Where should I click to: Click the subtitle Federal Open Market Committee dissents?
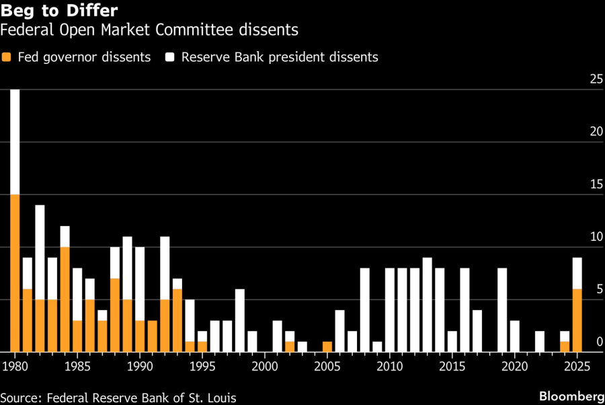tap(149, 30)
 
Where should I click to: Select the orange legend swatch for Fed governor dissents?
tap(6, 57)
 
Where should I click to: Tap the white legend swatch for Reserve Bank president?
tap(169, 57)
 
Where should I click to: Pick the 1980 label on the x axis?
tap(14, 367)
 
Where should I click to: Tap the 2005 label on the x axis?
tap(327, 367)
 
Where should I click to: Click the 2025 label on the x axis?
tap(576, 367)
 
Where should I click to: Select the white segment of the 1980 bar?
tap(15, 141)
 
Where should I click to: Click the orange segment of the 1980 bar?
tap(15, 272)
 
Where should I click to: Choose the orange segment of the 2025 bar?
tap(577, 320)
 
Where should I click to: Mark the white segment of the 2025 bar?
tap(577, 272)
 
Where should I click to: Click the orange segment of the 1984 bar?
tap(65, 299)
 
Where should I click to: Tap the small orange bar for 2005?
tap(327, 346)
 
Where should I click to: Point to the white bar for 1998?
tap(239, 320)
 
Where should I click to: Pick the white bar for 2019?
tap(502, 309)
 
